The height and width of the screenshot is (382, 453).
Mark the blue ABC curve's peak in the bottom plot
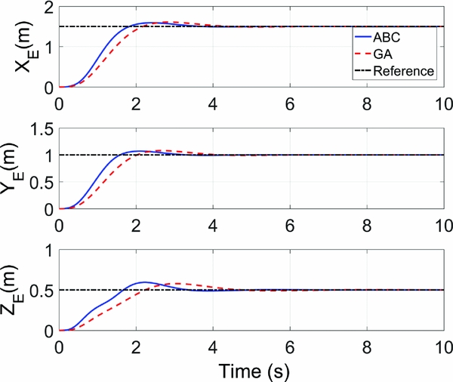(145, 282)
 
